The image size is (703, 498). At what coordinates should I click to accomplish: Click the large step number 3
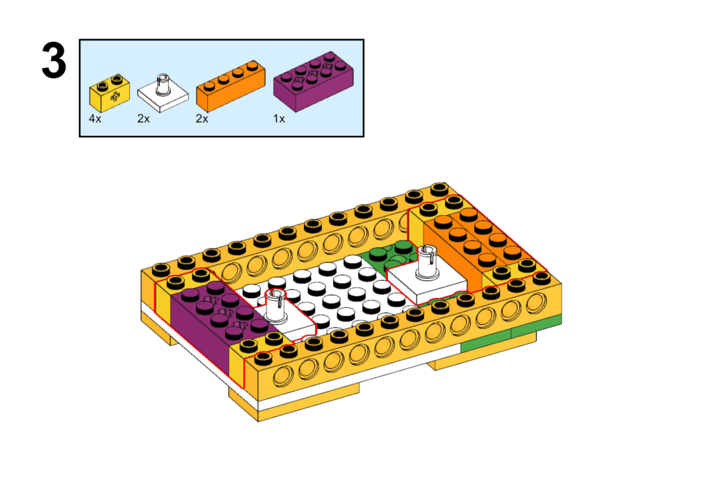click(x=54, y=60)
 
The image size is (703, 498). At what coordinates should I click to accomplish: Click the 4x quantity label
click(x=95, y=119)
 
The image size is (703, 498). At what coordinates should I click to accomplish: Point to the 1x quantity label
click(x=279, y=119)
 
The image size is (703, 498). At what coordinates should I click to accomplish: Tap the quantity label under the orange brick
click(x=202, y=119)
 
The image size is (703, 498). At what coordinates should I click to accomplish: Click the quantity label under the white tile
click(x=143, y=119)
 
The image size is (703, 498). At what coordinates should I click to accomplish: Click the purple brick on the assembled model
click(x=206, y=323)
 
